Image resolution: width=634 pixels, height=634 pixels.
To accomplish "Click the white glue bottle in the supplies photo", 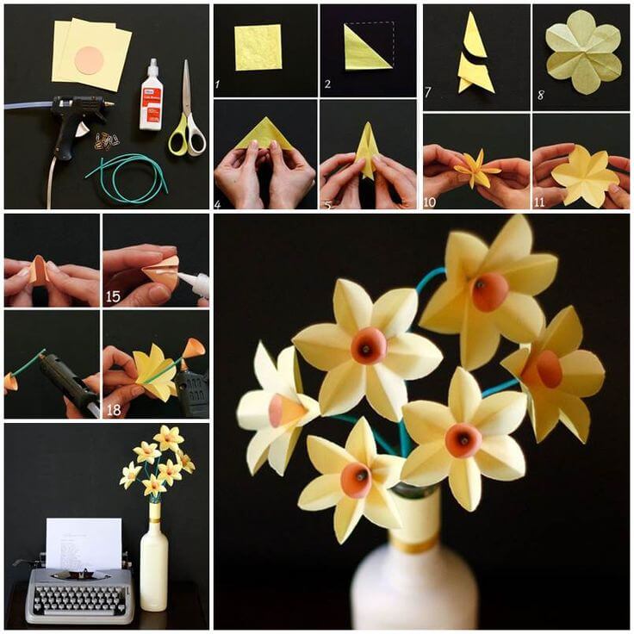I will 152,96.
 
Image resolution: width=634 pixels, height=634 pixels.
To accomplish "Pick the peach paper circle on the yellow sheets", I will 89,60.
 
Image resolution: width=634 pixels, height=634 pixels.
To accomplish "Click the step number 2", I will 327,85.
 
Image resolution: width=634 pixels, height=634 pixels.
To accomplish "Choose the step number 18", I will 114,410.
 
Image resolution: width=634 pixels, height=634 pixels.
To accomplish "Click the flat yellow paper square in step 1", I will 258,47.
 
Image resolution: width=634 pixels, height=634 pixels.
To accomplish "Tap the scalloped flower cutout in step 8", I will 583,52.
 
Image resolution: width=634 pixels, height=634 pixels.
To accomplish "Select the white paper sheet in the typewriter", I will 84,543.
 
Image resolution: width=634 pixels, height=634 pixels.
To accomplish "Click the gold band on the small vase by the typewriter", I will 154,520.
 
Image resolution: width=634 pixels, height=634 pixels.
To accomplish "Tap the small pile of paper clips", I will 107,140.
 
